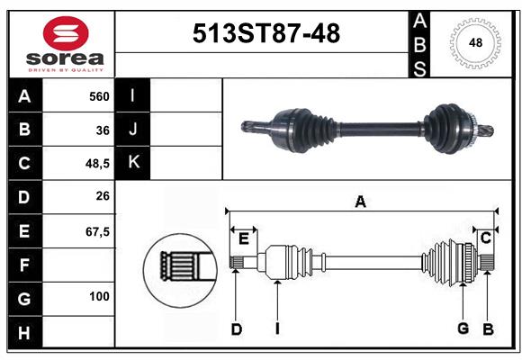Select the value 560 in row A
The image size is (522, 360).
pos(99,96)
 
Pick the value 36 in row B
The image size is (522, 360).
pos(103,130)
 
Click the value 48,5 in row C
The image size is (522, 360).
pos(96,164)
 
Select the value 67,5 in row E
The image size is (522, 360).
pos(97,231)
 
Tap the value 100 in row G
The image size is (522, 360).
pos(99,296)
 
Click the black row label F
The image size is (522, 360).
pos(23,265)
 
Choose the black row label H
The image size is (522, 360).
pos(23,332)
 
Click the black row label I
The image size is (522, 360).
pos(133,95)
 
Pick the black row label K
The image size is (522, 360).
pos(133,163)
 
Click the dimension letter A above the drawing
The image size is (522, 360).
pos(360,202)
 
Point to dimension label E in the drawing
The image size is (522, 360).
pos(244,238)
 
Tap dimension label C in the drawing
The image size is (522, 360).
pos(485,238)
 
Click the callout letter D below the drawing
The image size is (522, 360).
pos(236,329)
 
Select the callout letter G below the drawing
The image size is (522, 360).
pos(463,329)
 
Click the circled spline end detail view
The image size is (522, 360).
pos(178,267)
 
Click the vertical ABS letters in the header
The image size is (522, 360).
pos(420,43)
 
